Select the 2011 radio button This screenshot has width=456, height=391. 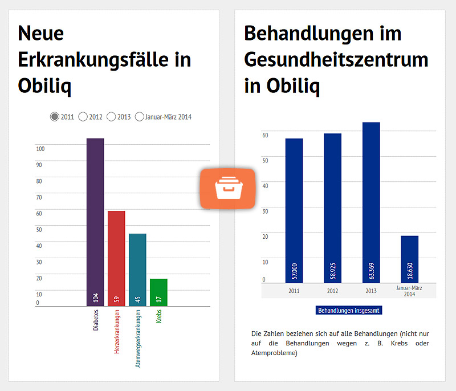coord(55,117)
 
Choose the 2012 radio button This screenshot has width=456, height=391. coord(83,117)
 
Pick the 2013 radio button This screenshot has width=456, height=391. coord(111,117)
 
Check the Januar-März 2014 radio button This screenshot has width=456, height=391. coord(140,117)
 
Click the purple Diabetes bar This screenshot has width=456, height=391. coord(95,222)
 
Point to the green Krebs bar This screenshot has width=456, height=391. coord(158,292)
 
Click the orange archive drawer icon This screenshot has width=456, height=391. coord(227,188)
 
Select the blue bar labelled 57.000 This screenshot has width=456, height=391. coord(294,210)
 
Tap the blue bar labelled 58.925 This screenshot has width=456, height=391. coord(332,208)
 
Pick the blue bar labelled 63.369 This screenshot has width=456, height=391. coord(371,202)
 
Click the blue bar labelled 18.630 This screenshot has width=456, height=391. coord(409,259)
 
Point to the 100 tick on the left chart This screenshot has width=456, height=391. coord(40,149)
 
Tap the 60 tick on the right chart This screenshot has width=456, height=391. coord(265,135)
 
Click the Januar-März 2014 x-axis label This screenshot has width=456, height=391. coord(409,291)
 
